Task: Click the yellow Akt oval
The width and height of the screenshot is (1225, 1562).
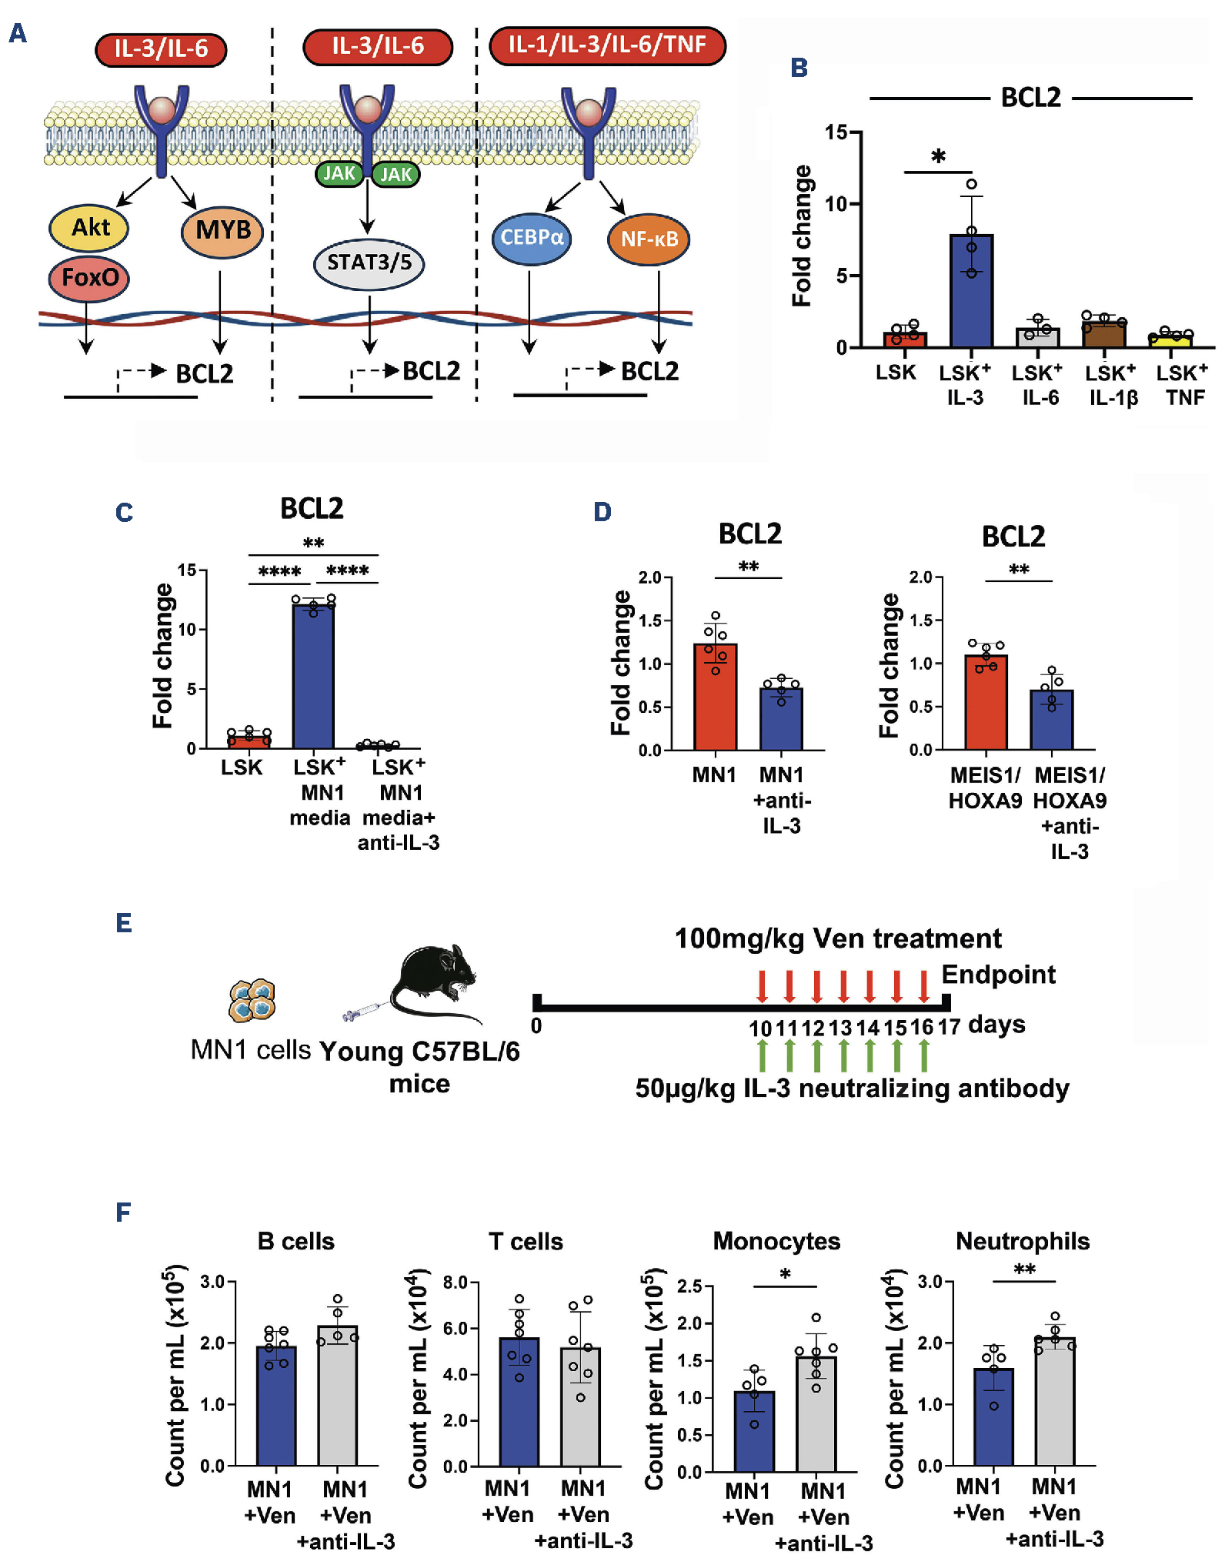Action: pos(89,228)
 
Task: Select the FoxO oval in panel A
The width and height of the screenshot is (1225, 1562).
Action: pos(89,277)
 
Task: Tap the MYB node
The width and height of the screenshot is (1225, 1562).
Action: pos(222,230)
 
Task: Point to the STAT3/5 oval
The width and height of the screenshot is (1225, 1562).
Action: pos(369,263)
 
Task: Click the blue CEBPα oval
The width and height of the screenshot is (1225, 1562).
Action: pos(531,238)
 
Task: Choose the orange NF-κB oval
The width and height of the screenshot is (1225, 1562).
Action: pos(649,239)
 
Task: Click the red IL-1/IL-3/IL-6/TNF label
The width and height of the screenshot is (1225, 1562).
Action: pos(607,45)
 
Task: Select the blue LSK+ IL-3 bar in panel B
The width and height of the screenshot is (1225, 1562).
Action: pos(971,293)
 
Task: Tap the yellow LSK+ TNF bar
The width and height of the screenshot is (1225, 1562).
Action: pos(1170,339)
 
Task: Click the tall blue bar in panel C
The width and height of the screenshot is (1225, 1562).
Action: pos(313,677)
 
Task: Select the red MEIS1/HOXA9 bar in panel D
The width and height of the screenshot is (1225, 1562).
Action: pos(986,702)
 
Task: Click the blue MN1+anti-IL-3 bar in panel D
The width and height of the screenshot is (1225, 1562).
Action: pos(781,719)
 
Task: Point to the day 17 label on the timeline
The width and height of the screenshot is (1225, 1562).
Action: pos(949,1027)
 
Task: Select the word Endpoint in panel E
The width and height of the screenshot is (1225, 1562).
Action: pos(998,975)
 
